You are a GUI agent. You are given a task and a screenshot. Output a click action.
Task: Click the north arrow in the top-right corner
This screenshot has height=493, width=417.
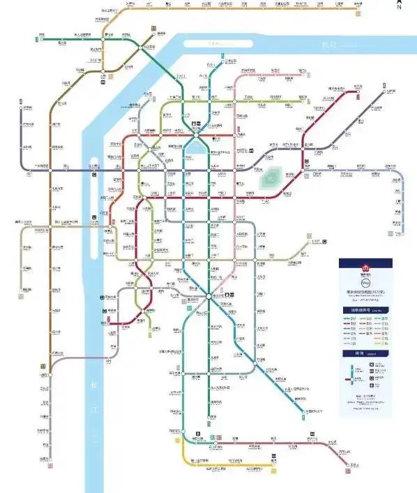399,6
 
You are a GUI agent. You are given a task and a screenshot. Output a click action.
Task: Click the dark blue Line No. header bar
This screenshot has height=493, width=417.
364,309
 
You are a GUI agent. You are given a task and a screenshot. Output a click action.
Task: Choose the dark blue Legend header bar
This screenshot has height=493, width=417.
364,355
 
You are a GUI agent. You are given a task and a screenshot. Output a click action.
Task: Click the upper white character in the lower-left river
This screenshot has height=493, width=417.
93,383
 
